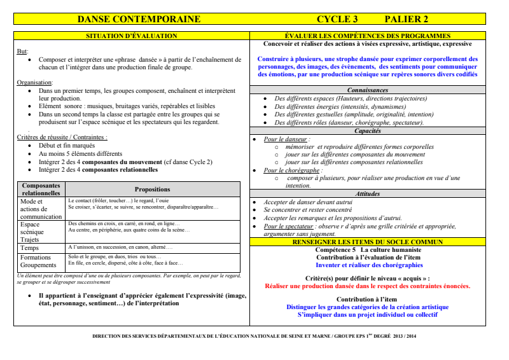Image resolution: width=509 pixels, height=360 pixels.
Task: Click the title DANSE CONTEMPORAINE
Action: click(x=139, y=19)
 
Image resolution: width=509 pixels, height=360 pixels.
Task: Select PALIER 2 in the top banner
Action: click(x=407, y=19)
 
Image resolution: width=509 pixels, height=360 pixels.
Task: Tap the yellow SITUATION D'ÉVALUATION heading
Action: click(x=132, y=36)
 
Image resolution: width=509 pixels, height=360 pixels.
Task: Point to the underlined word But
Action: click(x=22, y=51)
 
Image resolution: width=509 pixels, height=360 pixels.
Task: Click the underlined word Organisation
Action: click(x=34, y=83)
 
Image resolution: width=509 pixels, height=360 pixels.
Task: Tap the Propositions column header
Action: click(x=152, y=189)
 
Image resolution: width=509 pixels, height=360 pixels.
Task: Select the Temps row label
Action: click(x=29, y=248)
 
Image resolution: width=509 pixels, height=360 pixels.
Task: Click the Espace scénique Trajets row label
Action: click(x=32, y=232)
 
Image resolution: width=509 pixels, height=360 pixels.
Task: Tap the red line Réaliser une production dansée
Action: click(x=367, y=286)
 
